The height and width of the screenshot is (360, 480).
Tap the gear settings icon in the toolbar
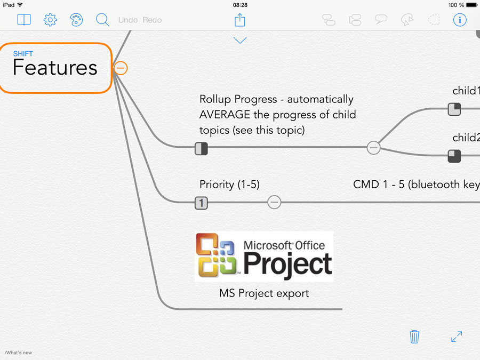[50, 20]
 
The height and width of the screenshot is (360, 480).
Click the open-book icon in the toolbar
[24, 20]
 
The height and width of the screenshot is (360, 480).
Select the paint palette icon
[76, 20]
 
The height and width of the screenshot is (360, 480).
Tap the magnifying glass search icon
[102, 20]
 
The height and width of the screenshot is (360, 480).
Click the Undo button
[128, 20]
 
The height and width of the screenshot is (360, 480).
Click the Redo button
[152, 20]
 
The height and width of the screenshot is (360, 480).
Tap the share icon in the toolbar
[239, 20]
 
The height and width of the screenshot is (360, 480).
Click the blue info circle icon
[460, 20]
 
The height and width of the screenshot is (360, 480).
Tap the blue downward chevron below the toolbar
[240, 41]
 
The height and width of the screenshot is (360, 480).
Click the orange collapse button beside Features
[121, 68]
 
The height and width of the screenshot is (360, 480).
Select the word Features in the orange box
[55, 68]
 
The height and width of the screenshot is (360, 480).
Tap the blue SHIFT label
[23, 54]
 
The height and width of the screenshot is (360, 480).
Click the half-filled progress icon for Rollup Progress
[201, 149]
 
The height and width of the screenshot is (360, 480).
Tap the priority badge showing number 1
[201, 203]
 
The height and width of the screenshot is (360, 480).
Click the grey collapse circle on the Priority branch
[274, 202]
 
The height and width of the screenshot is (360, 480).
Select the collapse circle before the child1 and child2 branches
[373, 148]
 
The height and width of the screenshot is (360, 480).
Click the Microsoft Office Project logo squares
[217, 255]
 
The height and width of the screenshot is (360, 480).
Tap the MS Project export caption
[264, 293]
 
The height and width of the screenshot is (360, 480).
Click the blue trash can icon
[414, 337]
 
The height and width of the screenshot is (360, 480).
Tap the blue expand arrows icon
[457, 337]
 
